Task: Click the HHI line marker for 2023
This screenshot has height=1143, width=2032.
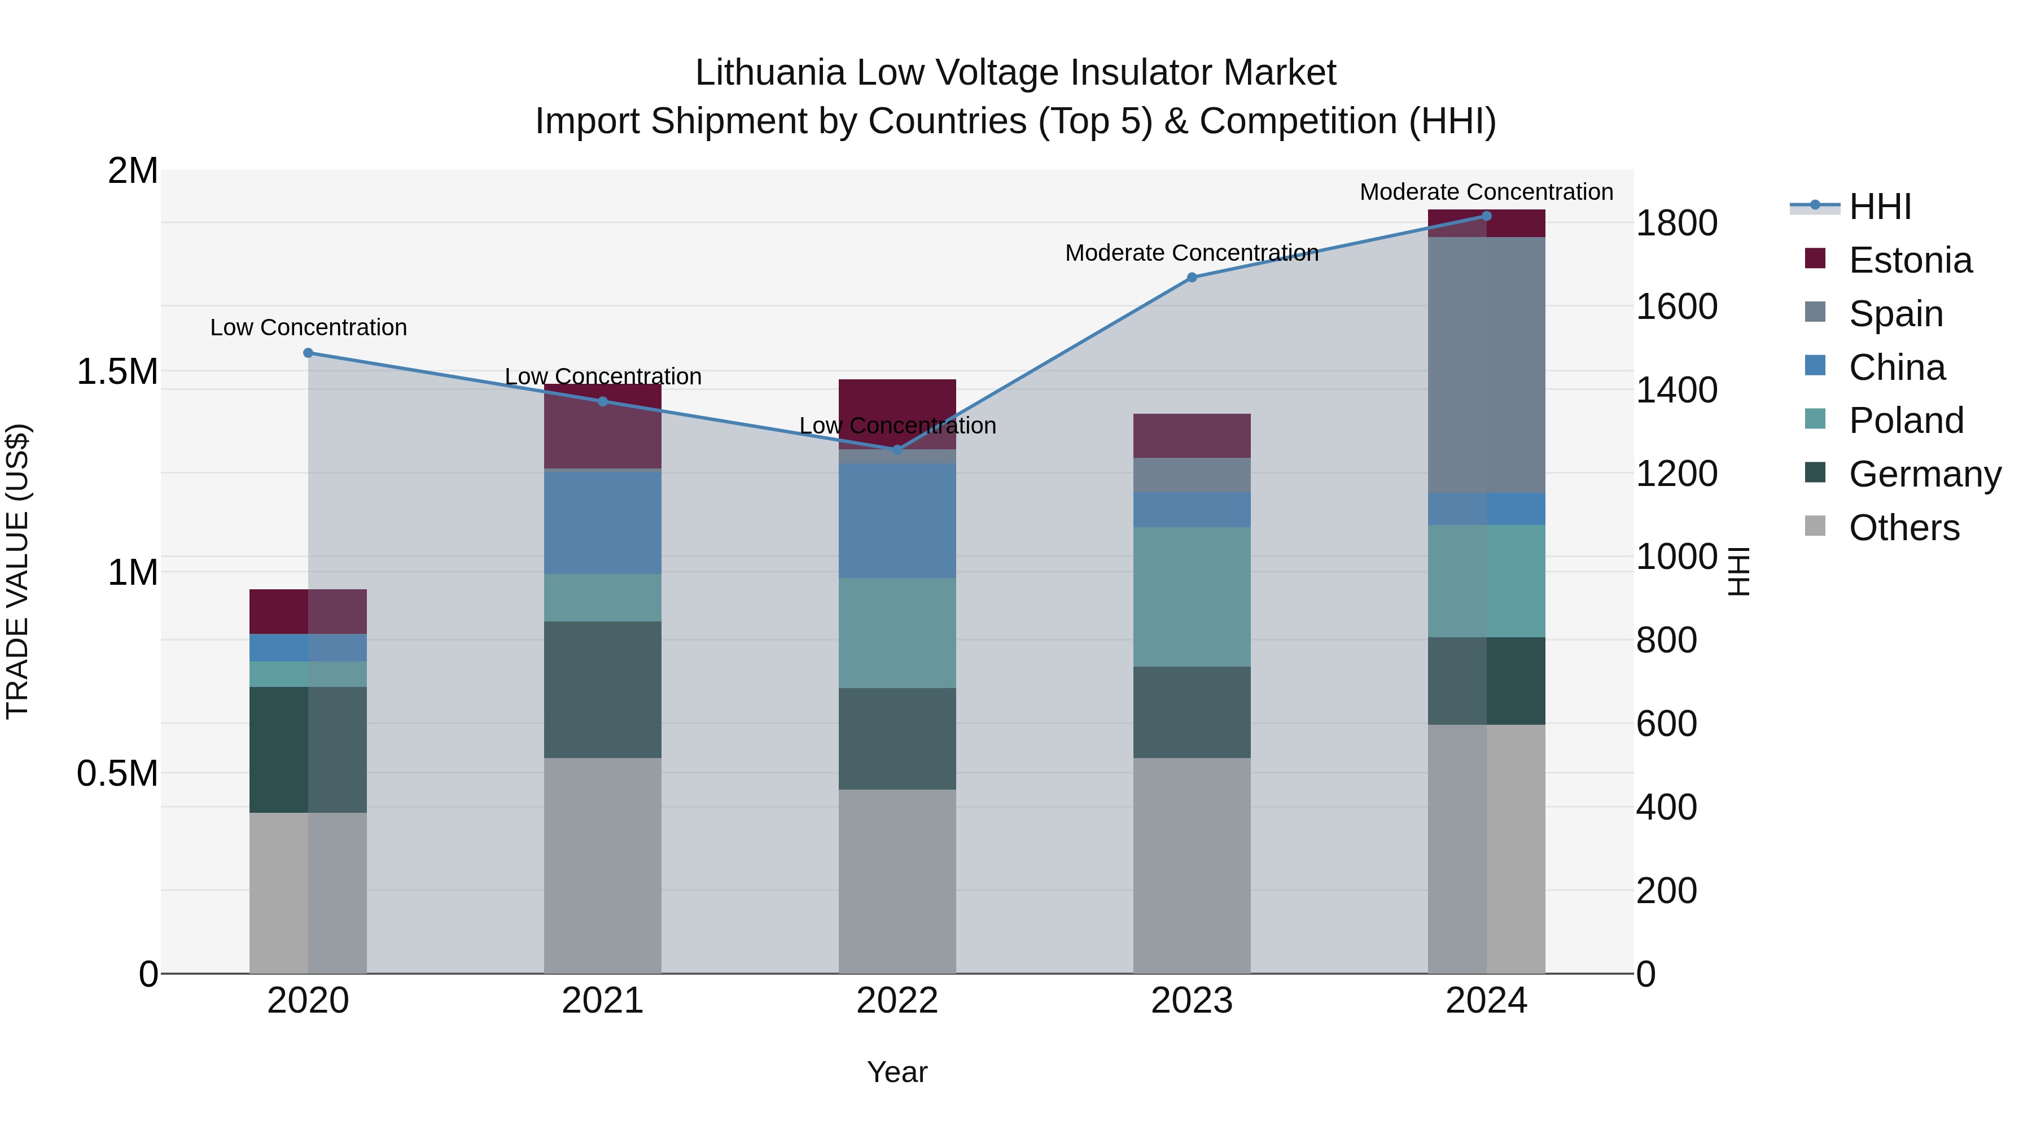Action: [x=1192, y=277]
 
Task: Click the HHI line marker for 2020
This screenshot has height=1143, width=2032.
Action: [x=308, y=353]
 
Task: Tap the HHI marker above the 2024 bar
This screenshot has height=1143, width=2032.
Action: [x=1486, y=216]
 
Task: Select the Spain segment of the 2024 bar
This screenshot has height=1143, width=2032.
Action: [x=1486, y=365]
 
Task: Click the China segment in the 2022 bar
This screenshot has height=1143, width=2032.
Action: [x=897, y=520]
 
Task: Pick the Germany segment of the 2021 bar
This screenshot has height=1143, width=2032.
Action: [x=603, y=689]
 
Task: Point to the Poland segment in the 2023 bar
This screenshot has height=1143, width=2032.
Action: [x=1192, y=597]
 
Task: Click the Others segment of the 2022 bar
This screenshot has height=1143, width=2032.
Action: [x=897, y=881]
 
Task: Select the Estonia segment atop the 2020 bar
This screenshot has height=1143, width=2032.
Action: [x=308, y=611]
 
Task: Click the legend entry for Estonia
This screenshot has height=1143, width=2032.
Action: [x=1910, y=260]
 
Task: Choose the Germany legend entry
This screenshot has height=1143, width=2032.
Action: [x=1924, y=474]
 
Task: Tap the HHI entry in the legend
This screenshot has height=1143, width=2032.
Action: [x=1880, y=207]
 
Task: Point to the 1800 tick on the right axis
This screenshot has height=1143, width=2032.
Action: [x=1676, y=223]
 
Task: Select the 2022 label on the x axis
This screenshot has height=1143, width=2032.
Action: [x=897, y=1001]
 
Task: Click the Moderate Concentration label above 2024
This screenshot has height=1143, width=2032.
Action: [x=1486, y=192]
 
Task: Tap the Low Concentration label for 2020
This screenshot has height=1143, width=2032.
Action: [x=308, y=327]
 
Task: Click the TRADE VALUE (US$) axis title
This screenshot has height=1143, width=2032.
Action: [x=17, y=571]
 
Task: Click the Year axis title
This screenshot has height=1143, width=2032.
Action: [x=897, y=1072]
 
